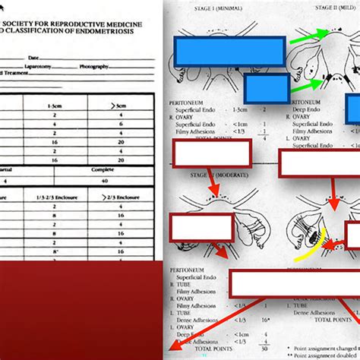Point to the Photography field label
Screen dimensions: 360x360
point(105,67)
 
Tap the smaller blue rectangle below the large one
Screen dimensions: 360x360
point(266,88)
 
